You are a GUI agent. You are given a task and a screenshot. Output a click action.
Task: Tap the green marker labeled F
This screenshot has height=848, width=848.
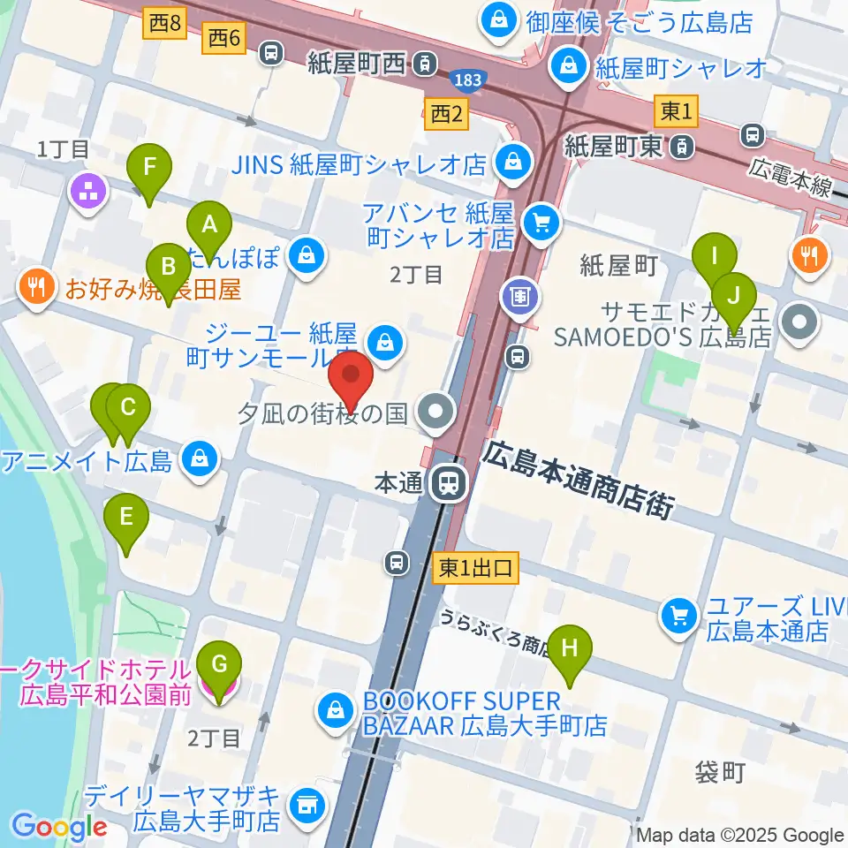tap(148, 168)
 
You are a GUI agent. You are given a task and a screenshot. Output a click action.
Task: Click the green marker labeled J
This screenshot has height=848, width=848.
tap(734, 296)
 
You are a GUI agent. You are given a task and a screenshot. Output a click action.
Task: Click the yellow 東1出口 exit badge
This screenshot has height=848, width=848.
tap(475, 570)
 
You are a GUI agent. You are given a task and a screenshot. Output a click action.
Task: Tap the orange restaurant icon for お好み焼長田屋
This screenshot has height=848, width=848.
tap(36, 286)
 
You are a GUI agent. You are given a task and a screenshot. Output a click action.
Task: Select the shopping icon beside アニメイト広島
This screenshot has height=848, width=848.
tap(201, 460)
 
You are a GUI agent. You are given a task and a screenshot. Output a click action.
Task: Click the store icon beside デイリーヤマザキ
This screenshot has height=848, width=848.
tap(307, 804)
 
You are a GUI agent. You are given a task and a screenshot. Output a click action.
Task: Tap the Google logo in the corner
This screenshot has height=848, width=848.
tap(59, 826)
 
